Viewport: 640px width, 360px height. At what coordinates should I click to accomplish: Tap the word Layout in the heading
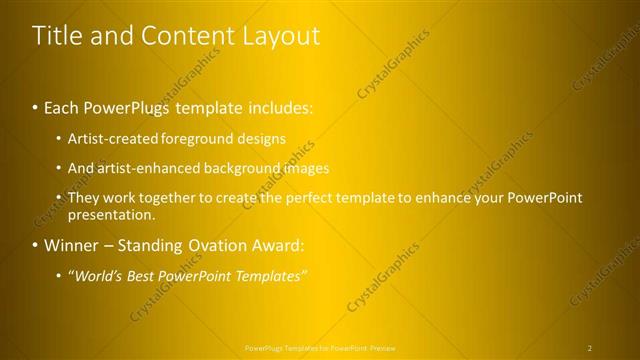[x=282, y=36]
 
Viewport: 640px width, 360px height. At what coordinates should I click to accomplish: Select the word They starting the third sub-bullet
[x=83, y=198]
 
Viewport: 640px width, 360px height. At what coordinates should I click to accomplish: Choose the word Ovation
[x=217, y=245]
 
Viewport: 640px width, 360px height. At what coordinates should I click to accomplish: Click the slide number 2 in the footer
[x=590, y=348]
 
